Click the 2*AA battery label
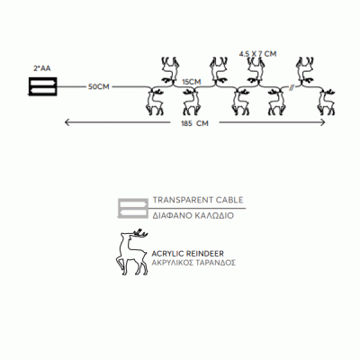[42, 68]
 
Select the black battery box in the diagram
[42, 86]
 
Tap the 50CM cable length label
[99, 87]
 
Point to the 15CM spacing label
[193, 82]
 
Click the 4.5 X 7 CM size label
[257, 54]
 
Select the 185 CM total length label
[194, 123]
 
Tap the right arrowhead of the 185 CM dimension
[323, 122]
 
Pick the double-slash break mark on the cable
[291, 87]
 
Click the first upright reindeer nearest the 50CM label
[156, 102]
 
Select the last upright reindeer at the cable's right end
[326, 102]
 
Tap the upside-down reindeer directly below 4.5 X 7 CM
[256, 70]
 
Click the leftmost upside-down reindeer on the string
[170, 70]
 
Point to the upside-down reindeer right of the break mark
[305, 70]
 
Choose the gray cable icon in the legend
[132, 208]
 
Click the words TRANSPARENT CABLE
[198, 200]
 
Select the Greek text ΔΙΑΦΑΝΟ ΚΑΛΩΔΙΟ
[193, 215]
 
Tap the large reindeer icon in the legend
[132, 252]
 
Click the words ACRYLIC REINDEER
[188, 254]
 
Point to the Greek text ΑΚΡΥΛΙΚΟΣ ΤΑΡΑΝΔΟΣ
[193, 263]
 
